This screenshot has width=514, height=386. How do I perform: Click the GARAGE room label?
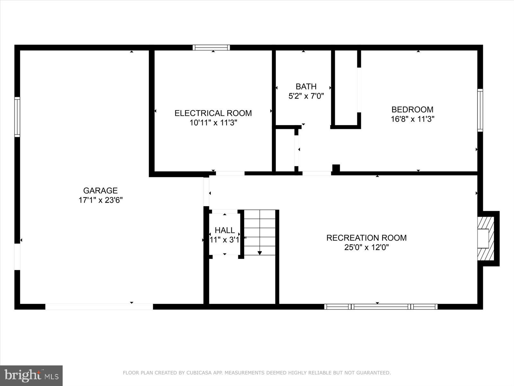point(100,190)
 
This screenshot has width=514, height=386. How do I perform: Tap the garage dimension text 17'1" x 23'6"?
point(101,200)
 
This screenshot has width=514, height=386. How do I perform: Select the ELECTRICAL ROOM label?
point(213,113)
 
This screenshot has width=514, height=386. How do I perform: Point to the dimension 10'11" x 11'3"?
point(213,123)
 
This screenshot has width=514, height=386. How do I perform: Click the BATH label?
point(306,87)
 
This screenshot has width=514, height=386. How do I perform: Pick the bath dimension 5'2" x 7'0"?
point(306,96)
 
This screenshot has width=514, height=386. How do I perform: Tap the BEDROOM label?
point(412,109)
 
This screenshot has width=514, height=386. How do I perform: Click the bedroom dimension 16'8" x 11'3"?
point(412,119)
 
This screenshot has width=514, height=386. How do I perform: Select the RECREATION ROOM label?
point(366,238)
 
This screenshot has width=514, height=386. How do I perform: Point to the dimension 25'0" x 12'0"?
point(366,247)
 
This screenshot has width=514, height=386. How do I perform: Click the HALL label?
point(225,230)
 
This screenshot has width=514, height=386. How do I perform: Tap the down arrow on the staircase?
point(260,253)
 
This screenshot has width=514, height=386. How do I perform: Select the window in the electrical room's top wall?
point(211,48)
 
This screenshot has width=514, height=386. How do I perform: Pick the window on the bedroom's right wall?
point(480,110)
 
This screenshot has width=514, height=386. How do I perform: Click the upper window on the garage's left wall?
point(17,117)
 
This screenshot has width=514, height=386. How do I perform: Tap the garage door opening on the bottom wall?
point(99,307)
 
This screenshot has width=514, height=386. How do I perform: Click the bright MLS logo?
point(31,375)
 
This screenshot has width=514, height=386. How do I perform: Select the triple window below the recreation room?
point(381,307)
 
